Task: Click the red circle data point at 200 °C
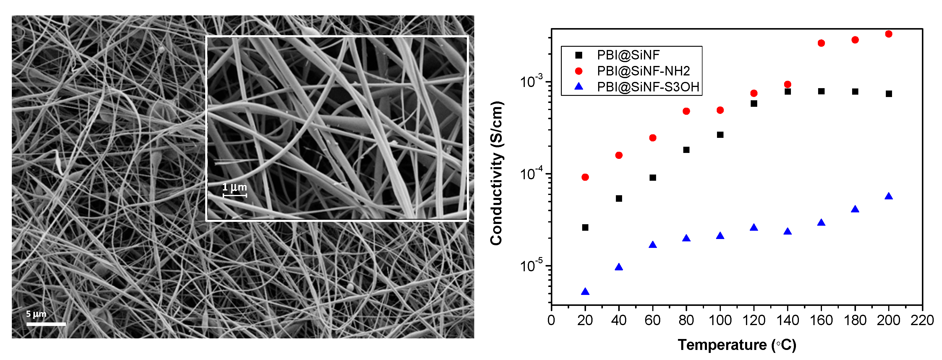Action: [x=888, y=34]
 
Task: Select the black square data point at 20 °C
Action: [x=585, y=227]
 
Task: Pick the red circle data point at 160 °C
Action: [x=821, y=43]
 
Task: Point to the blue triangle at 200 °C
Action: [x=888, y=196]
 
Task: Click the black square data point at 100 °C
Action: [x=720, y=135]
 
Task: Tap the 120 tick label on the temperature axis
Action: [x=754, y=320]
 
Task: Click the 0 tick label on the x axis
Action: [x=551, y=320]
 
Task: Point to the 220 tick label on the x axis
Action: [x=922, y=320]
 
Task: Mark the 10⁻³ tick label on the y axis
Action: [x=532, y=82]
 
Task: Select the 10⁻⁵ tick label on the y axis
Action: [x=532, y=266]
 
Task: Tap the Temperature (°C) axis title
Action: [x=737, y=345]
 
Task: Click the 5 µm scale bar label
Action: [x=36, y=314]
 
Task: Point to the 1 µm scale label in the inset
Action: [x=234, y=187]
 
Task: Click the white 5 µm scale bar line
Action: [x=46, y=324]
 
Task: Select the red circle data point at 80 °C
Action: [x=686, y=111]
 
